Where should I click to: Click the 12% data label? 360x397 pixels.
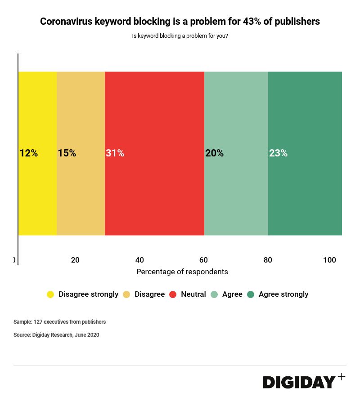click(x=28, y=153)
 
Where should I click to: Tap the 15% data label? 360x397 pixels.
click(x=67, y=153)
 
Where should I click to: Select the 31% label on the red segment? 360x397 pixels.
click(x=115, y=153)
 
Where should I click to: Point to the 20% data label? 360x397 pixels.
click(x=214, y=153)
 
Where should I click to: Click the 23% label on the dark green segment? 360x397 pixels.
click(x=278, y=153)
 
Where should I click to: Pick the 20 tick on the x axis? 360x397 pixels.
click(x=75, y=260)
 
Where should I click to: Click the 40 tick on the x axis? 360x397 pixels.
click(x=139, y=260)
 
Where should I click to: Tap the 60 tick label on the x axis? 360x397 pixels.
click(x=203, y=260)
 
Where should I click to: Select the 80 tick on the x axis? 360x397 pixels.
click(x=268, y=260)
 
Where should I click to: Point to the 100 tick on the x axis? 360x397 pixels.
click(x=329, y=260)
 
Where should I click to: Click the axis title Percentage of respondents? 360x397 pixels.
click(x=182, y=272)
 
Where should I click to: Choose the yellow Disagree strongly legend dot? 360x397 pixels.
click(x=50, y=294)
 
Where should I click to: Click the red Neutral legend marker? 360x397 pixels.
click(x=173, y=294)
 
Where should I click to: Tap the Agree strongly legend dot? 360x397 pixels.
click(x=251, y=294)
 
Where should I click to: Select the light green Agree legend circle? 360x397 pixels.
click(x=214, y=294)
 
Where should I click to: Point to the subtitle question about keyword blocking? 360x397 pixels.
click(x=180, y=36)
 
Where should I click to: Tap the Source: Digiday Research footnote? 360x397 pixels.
click(x=56, y=335)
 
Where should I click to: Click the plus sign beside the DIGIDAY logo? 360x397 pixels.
click(x=342, y=377)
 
